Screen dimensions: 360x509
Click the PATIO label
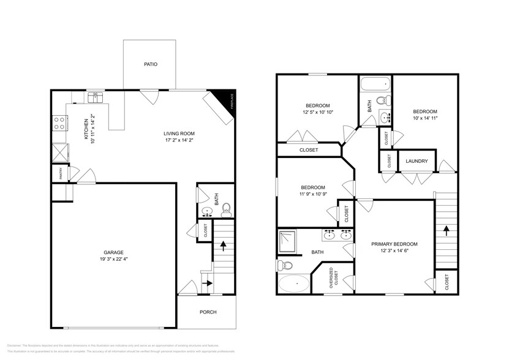150,64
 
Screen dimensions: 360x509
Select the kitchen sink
95,97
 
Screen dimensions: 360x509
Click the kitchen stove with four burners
60,122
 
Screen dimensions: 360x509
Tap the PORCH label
208,312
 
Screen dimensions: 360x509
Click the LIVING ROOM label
179,133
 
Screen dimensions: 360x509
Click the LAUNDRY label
417,162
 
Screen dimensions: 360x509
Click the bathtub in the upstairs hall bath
374,84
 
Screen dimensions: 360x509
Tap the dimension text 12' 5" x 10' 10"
317,113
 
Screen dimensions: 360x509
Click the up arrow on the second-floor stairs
447,230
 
